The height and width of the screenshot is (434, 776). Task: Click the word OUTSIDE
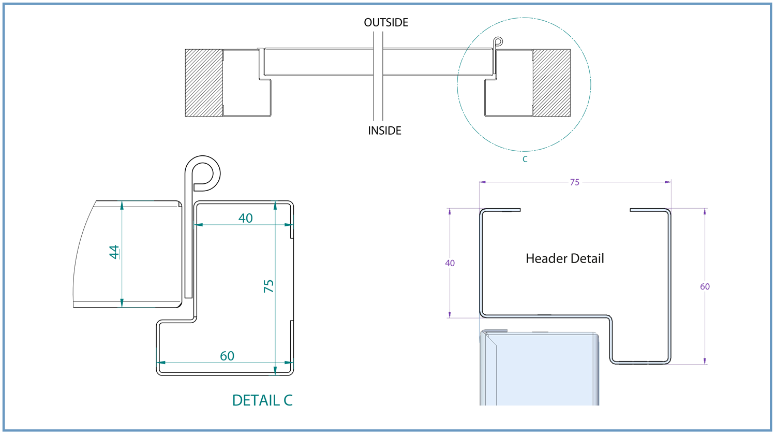tap(386, 22)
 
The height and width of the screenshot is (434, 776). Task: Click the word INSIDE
tap(384, 131)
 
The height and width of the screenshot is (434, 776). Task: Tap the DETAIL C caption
tap(262, 400)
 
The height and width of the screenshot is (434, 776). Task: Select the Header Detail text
tap(564, 258)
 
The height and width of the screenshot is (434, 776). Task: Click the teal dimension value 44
tap(114, 252)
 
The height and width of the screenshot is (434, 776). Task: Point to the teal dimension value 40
tap(245, 218)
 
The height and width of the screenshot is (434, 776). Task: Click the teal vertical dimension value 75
tap(268, 286)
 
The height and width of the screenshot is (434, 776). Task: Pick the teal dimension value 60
tap(227, 356)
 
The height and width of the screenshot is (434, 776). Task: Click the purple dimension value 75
tap(574, 182)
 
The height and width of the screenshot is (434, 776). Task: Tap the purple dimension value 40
tap(450, 263)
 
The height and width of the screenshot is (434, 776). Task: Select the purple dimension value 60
tap(705, 286)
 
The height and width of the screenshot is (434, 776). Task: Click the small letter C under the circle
tap(525, 159)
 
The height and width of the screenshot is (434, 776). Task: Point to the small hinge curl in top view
tap(498, 41)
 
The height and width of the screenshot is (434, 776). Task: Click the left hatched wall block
tap(204, 83)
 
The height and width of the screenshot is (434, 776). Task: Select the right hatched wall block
tap(551, 83)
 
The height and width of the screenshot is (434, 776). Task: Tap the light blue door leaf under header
tap(539, 370)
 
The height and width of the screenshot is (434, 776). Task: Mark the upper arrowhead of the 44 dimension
tap(122, 205)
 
